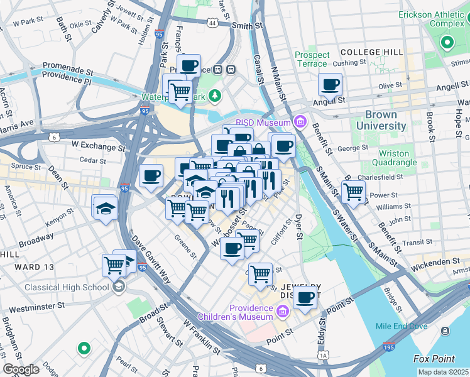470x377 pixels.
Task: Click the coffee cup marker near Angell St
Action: [330, 85]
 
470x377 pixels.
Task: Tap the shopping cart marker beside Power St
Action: [354, 192]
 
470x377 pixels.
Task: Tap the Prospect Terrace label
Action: [312, 60]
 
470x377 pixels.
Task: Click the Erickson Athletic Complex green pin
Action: [447, 43]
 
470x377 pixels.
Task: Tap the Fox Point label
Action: [434, 359]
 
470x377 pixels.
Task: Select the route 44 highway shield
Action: [212, 23]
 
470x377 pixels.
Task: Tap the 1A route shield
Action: [324, 356]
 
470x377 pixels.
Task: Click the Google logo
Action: [21, 369]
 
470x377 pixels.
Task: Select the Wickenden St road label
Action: [435, 261]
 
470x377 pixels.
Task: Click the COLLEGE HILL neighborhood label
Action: [369, 52]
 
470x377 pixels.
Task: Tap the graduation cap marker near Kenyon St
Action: [104, 208]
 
